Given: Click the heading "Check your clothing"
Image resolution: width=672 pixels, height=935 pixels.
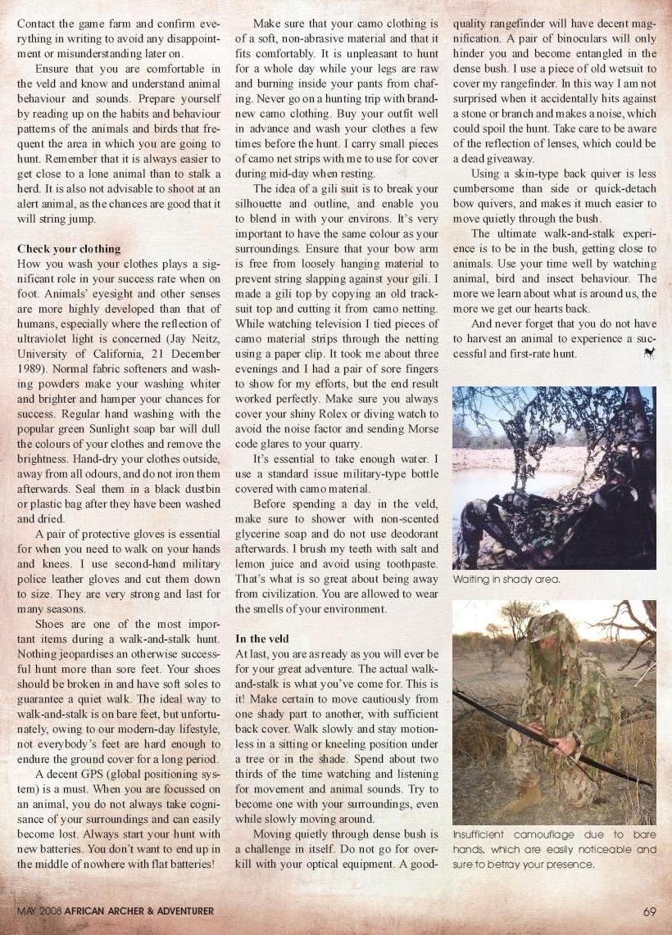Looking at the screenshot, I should (69, 248).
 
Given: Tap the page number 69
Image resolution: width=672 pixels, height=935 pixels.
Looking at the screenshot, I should (650, 910).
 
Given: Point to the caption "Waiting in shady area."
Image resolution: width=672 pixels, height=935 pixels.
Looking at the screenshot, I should (506, 579).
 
